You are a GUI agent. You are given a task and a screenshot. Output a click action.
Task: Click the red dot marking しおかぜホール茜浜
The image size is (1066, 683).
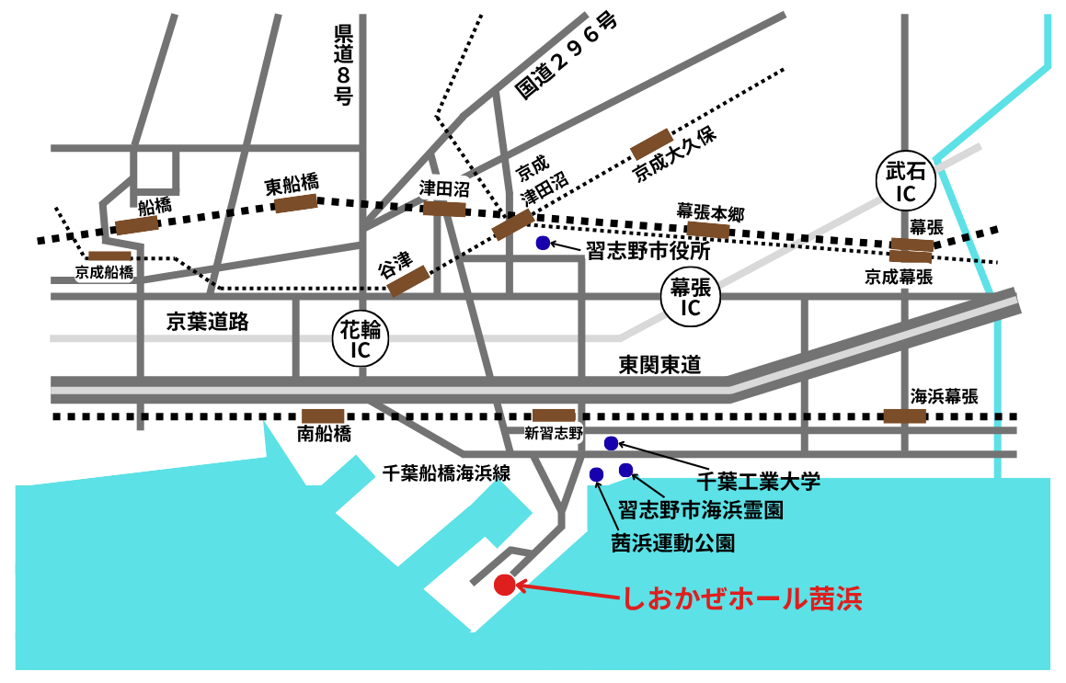coord(504,585)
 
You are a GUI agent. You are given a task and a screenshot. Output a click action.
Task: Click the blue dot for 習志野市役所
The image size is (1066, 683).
coord(543,244)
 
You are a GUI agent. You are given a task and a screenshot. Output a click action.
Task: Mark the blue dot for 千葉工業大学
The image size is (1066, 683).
coord(611,443)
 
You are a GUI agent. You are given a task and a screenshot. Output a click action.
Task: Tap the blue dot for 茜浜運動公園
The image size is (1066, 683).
coord(596,474)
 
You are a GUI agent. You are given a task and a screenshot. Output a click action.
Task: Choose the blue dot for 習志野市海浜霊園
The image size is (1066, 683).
coord(626,471)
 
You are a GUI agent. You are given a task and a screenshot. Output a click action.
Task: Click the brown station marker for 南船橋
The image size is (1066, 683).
coord(323,416)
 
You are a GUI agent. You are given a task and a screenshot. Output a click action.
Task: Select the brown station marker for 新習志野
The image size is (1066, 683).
coord(554,415)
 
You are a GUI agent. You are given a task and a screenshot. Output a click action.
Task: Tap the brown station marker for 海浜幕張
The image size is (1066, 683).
coord(904,415)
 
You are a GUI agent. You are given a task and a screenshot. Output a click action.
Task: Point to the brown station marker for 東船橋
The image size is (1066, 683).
coord(296,203)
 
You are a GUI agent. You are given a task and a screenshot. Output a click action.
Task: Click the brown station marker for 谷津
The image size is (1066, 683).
coord(407,281)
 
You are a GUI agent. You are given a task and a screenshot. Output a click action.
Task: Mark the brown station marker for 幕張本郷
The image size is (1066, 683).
coord(708,229)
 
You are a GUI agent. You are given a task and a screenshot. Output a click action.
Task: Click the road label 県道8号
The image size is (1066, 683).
coord(343,64)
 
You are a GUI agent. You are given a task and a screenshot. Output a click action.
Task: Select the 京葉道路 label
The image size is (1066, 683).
coord(208,322)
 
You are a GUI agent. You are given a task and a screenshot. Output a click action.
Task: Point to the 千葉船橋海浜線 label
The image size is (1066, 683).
coord(446,473)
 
